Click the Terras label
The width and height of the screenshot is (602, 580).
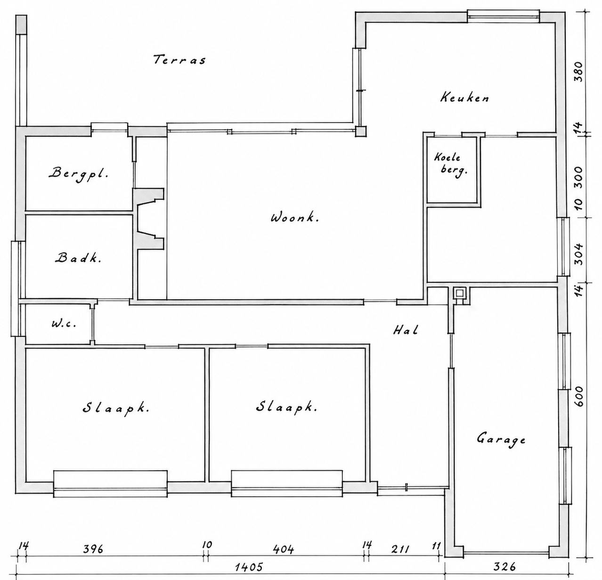[180, 59]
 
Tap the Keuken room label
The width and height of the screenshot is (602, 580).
[464, 98]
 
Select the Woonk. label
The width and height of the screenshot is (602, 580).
[295, 218]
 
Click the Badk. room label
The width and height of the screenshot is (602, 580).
[78, 258]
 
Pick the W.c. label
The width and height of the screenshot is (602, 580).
[64, 324]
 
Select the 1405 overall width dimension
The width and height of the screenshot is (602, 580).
[249, 567]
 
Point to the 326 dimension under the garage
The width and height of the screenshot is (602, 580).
[504, 566]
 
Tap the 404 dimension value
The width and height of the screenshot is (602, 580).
[284, 549]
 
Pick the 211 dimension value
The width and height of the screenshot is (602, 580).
[400, 549]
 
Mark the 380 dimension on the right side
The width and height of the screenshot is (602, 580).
[578, 72]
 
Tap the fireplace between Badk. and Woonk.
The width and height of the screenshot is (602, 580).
[148, 219]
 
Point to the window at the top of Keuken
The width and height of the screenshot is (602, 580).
[504, 16]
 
